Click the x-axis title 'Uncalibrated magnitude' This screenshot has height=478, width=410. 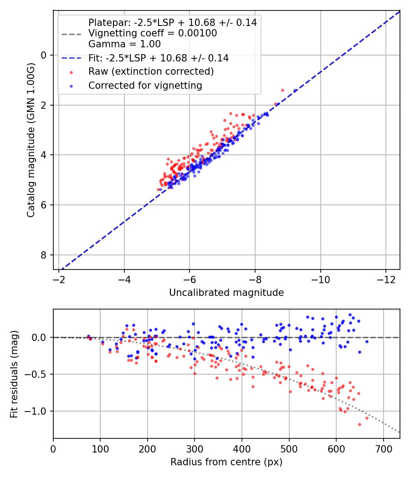(x=226, y=293)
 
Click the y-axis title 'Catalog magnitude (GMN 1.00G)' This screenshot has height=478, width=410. (x=31, y=140)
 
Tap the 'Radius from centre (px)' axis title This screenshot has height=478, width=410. (x=226, y=462)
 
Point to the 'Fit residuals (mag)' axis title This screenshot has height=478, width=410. (x=14, y=374)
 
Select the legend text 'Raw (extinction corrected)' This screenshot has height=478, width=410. (x=151, y=71)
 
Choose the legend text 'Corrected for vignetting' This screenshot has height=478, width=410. (x=145, y=86)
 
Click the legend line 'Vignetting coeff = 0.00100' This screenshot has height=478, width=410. (x=153, y=33)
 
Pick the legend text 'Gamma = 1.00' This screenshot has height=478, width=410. (x=124, y=44)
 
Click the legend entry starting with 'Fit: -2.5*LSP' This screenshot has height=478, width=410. (x=159, y=58)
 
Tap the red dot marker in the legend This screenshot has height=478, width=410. (x=72, y=72)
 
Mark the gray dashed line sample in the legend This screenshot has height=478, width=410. (x=72, y=34)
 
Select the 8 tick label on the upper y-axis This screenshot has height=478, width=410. (x=44, y=255)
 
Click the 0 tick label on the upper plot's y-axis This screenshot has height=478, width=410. (x=44, y=55)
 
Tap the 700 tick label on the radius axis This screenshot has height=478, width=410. (x=383, y=449)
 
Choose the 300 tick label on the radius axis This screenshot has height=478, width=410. (x=195, y=449)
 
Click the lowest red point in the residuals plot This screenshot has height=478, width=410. (x=360, y=424)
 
